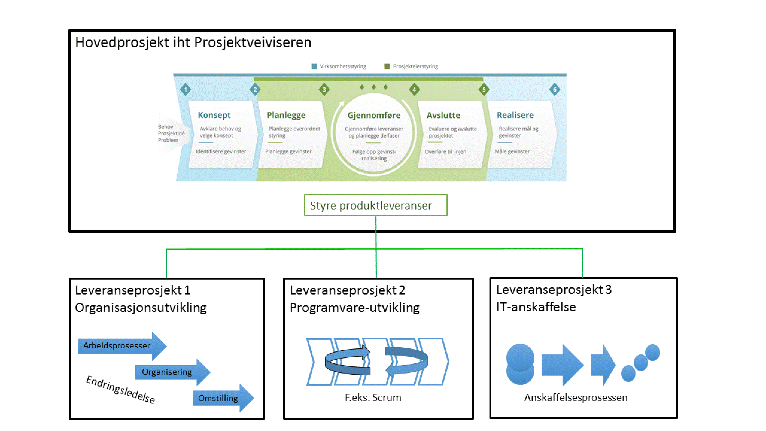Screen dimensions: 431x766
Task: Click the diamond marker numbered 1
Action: (186, 89)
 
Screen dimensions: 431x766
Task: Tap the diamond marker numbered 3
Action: (324, 89)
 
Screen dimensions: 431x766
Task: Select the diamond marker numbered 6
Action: (555, 89)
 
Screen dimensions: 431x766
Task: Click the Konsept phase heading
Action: (214, 115)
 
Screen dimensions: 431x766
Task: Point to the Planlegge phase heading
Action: (286, 115)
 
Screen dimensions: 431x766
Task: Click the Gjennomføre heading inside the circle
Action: (374, 115)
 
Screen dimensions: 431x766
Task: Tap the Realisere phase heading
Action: (515, 115)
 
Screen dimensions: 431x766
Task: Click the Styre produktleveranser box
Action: (375, 205)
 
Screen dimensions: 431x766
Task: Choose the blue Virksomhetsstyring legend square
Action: (314, 66)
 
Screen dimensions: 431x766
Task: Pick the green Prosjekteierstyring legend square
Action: (387, 66)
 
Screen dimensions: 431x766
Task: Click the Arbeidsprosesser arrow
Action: (119, 346)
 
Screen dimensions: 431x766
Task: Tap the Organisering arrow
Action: (170, 372)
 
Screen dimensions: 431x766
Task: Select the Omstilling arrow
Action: (220, 398)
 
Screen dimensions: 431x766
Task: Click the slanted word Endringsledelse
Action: (120, 389)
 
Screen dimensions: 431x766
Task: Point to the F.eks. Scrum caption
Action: (373, 397)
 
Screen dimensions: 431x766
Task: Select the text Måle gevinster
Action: (512, 151)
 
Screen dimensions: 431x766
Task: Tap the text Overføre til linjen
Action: (445, 152)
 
